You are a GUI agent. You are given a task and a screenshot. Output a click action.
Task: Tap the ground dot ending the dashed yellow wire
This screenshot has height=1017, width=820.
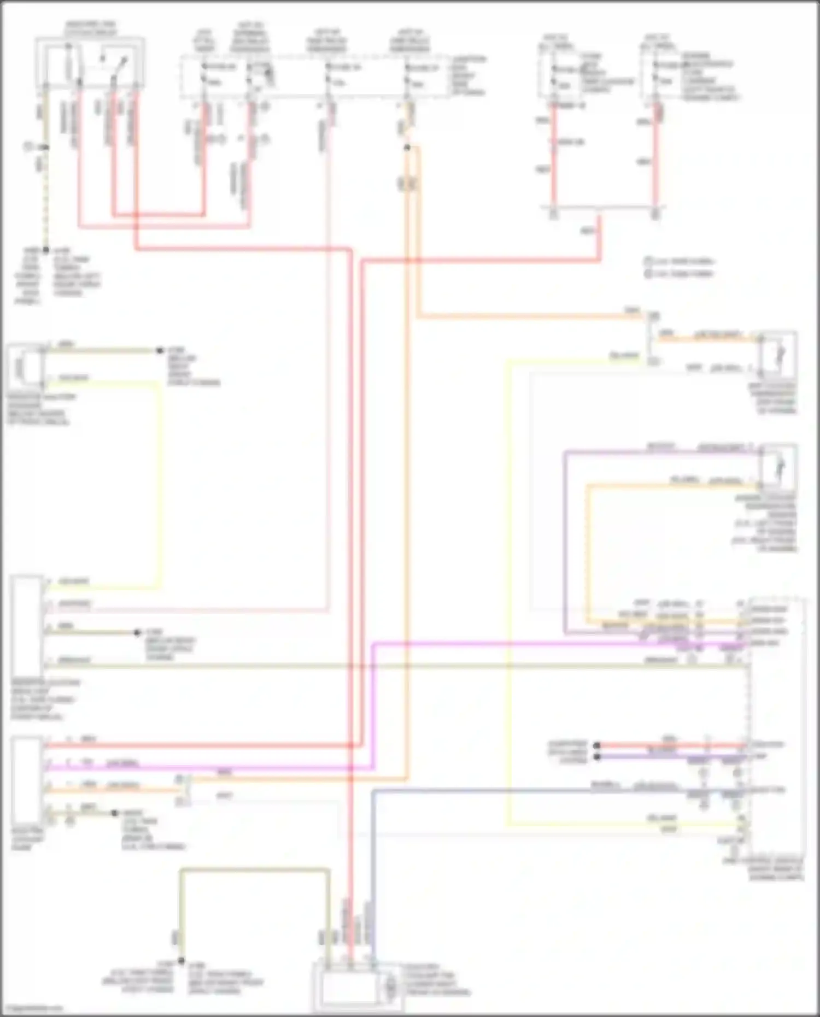click(46, 250)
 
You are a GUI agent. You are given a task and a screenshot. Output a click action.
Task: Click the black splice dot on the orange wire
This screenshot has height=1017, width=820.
click(407, 148)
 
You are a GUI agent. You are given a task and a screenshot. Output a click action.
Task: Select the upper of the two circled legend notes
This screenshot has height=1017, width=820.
click(648, 261)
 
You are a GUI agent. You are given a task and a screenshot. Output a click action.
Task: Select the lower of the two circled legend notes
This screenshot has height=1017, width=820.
click(648, 273)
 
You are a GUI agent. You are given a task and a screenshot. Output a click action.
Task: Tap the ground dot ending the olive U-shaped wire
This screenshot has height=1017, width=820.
click(181, 961)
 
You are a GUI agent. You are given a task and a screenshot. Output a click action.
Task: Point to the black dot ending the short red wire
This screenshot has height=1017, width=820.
click(597, 745)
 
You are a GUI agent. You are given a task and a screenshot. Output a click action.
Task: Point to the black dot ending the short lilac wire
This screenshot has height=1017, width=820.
click(597, 757)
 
